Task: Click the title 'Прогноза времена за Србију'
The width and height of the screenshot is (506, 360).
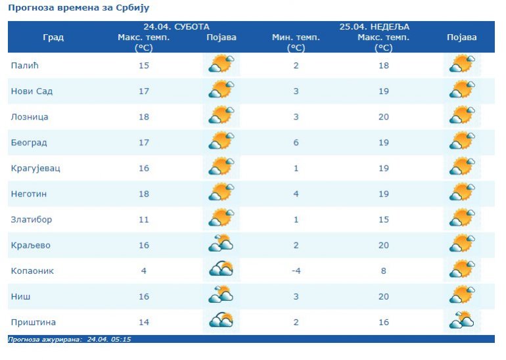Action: (79, 8)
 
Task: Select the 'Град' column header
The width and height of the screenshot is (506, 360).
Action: (53, 37)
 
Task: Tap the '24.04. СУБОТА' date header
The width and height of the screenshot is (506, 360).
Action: (176, 27)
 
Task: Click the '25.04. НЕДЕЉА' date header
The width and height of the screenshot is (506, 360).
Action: (374, 27)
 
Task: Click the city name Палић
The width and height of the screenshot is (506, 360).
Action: (24, 65)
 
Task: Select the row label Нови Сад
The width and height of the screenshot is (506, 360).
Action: (32, 91)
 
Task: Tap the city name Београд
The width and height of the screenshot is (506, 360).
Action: (29, 143)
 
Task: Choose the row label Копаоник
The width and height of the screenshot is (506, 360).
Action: (32, 271)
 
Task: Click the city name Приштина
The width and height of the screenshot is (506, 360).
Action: (34, 322)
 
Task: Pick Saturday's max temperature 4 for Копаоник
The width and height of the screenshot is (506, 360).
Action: (143, 271)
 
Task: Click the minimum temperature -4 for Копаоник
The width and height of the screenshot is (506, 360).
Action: (296, 271)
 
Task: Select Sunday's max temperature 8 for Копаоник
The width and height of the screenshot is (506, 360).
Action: (384, 271)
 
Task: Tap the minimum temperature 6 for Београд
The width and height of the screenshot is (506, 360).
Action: (296, 143)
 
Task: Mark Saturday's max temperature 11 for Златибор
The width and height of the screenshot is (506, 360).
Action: (143, 219)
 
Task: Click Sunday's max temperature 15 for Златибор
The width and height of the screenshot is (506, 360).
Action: (384, 219)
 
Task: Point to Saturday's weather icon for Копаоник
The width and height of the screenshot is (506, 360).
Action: (221, 269)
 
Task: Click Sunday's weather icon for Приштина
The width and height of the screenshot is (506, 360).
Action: (462, 320)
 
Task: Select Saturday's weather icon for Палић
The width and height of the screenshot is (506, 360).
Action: (221, 64)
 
